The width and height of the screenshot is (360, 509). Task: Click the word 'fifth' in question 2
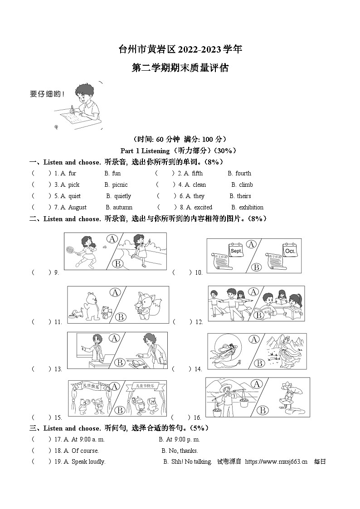tap(197, 173)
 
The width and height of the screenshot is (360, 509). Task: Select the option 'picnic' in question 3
tap(120, 184)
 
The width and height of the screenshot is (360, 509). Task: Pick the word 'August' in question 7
tap(77, 207)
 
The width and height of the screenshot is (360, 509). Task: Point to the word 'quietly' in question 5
tap(122, 196)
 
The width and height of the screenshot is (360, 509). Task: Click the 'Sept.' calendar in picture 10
tap(237, 250)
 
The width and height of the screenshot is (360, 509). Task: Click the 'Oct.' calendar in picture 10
tap(290, 250)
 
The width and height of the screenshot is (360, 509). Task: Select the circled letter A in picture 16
tap(257, 384)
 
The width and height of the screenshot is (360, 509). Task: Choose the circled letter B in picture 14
tap(259, 363)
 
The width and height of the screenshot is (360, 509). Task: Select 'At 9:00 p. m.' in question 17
tap(180, 439)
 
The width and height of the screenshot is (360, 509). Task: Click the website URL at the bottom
tap(276, 461)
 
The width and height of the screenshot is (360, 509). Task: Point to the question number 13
tap(58, 369)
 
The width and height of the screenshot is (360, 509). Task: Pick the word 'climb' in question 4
tap(246, 184)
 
